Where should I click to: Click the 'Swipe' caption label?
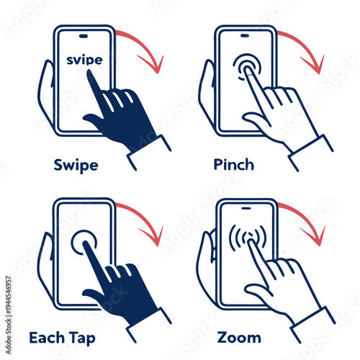pos(76,165)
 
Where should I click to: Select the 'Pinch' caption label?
pos(234,165)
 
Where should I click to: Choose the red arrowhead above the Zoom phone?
pos(315,238)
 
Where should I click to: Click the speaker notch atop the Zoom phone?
pos(246,206)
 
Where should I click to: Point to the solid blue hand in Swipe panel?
pos(122,115)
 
